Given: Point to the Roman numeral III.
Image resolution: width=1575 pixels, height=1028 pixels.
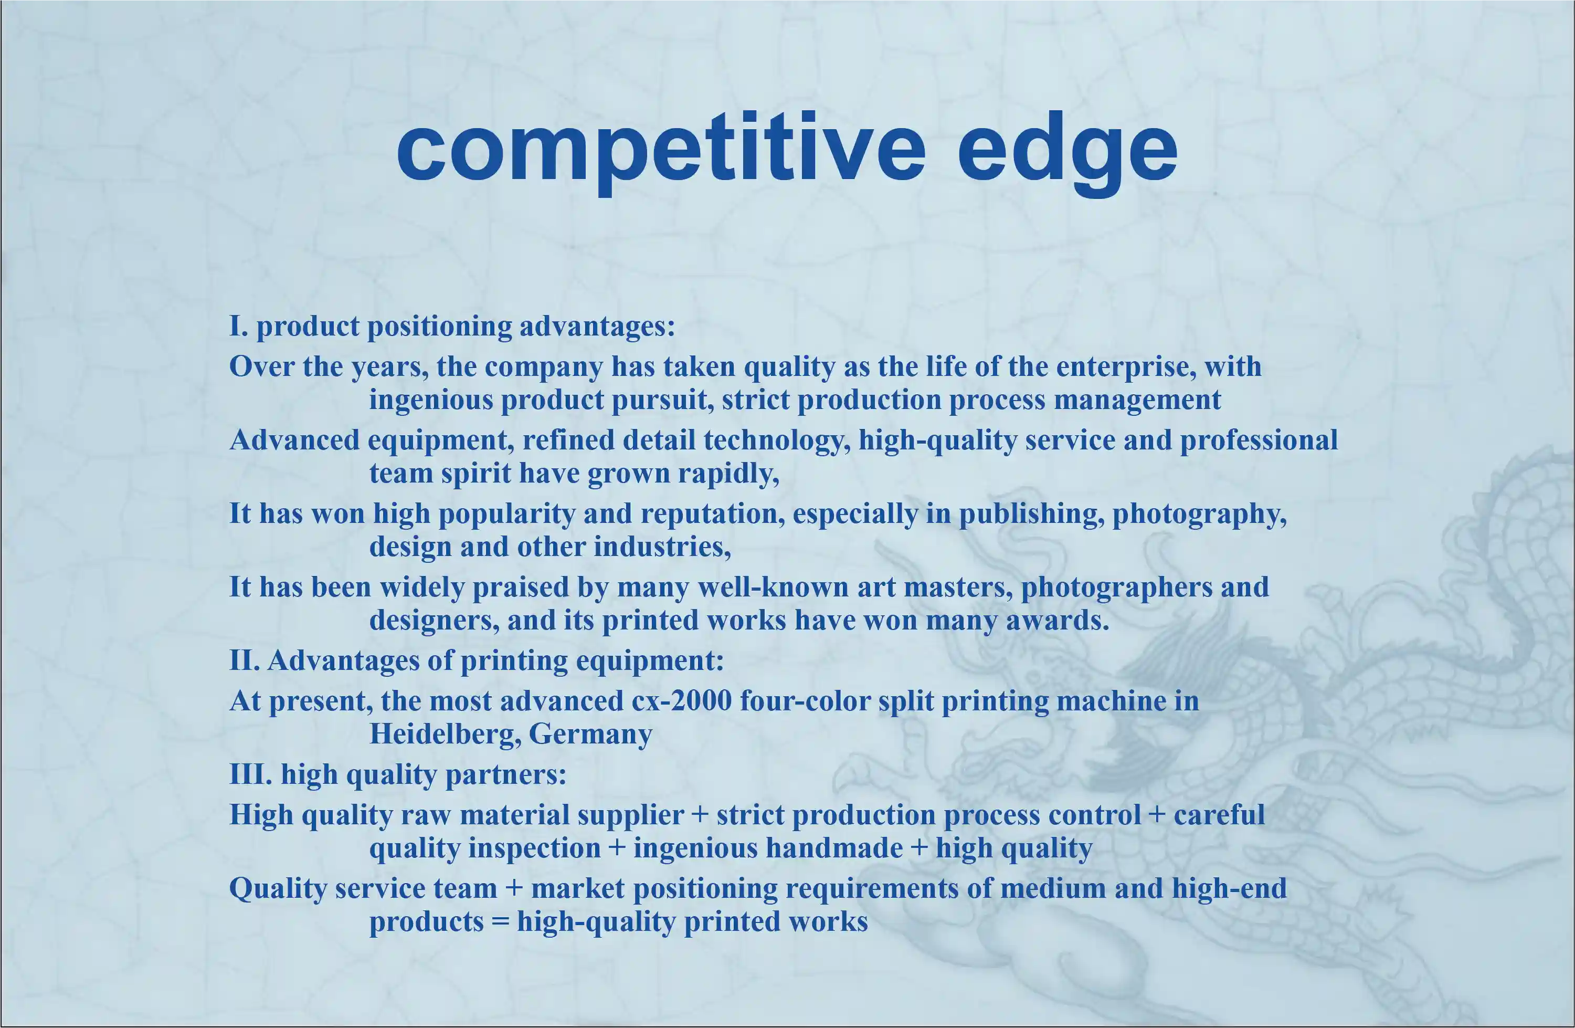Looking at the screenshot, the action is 250,774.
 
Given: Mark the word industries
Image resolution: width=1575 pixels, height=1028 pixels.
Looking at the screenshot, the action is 662,547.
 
